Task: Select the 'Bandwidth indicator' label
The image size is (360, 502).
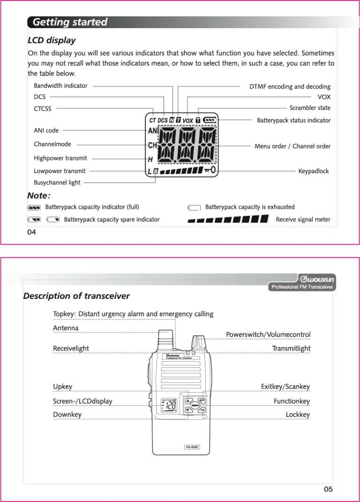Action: (x=60, y=85)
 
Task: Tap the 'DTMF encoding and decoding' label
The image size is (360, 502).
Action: (x=290, y=86)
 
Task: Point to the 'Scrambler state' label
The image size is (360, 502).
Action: (x=310, y=108)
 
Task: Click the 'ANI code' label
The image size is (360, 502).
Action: (x=46, y=131)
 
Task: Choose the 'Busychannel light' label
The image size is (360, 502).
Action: (x=57, y=183)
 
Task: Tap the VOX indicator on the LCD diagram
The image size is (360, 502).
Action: (x=188, y=121)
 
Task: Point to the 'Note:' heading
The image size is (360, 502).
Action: (x=39, y=196)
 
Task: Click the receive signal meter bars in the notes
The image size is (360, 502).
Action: (x=228, y=219)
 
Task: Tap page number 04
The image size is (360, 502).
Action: (x=31, y=232)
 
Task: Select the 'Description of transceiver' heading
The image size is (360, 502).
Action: (x=76, y=296)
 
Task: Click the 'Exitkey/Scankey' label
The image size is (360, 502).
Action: (x=285, y=387)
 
